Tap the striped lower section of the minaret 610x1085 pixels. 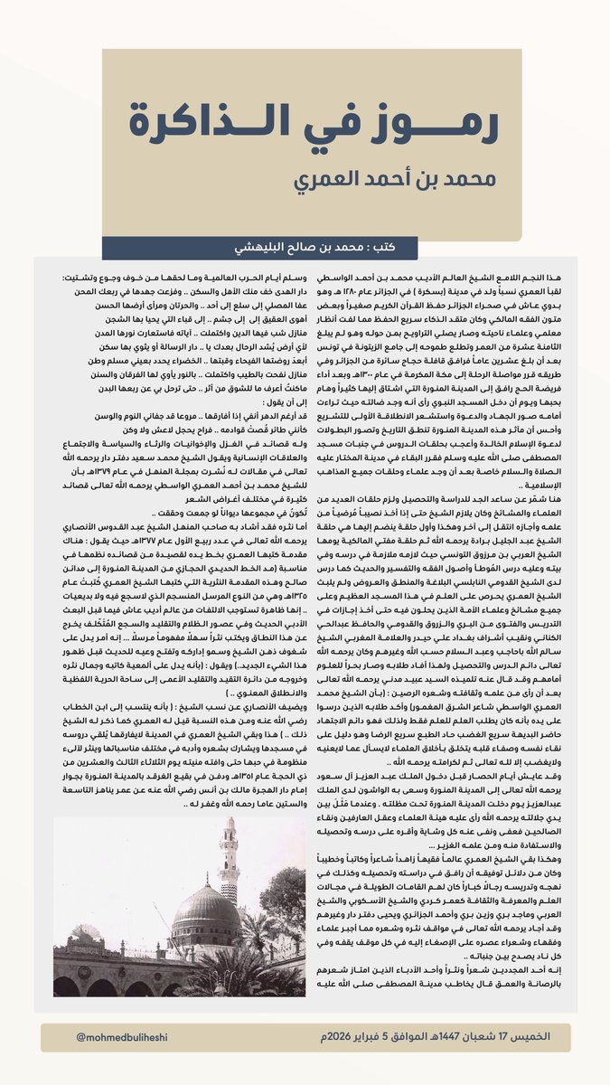pyautogui.click(x=229, y=913)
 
